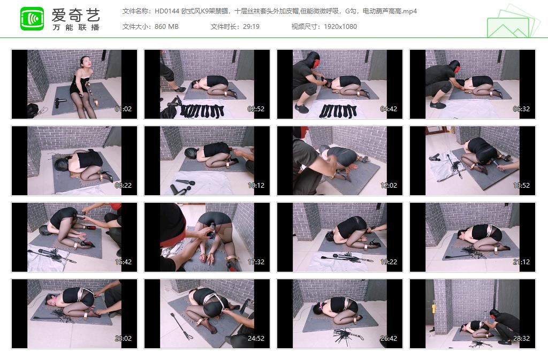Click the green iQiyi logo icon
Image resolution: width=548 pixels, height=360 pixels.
[x=32, y=19]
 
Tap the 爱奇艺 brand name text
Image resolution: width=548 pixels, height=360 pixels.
[x=75, y=14]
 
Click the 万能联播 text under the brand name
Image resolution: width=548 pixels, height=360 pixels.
[x=75, y=27]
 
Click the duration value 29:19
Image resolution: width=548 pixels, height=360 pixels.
[x=250, y=26]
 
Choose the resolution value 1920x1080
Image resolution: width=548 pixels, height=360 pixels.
[x=340, y=26]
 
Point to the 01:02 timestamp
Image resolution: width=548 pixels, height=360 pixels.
[x=123, y=109]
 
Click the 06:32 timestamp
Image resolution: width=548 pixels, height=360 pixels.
[x=521, y=109]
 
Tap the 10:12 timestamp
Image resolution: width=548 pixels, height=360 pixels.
[x=256, y=186]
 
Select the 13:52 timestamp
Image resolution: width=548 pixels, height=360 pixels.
[x=521, y=186]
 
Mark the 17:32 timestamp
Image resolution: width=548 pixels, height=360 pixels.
[x=256, y=262]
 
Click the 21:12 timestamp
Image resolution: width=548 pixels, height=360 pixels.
[x=521, y=262]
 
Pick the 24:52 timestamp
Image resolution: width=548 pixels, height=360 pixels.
[x=256, y=339]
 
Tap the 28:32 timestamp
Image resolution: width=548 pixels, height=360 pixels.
[x=521, y=339]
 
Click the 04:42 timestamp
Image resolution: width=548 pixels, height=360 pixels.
[x=389, y=109]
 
